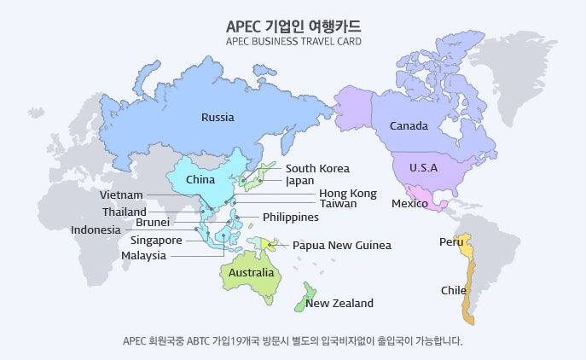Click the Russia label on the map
tap(218, 118)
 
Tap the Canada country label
tap(409, 126)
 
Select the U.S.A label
tap(423, 167)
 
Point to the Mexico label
tap(409, 204)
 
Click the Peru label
tap(451, 242)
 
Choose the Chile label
tap(454, 291)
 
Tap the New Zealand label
tap(339, 304)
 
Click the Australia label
tap(251, 273)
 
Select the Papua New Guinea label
tap(342, 246)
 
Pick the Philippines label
tap(291, 218)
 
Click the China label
tap(200, 180)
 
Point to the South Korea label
tap(317, 169)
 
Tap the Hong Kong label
tap(348, 194)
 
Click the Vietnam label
tap(121, 195)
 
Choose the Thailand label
tap(125, 212)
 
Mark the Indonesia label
tap(96, 229)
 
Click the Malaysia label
tap(143, 256)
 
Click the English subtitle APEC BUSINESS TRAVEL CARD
tap(293, 41)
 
